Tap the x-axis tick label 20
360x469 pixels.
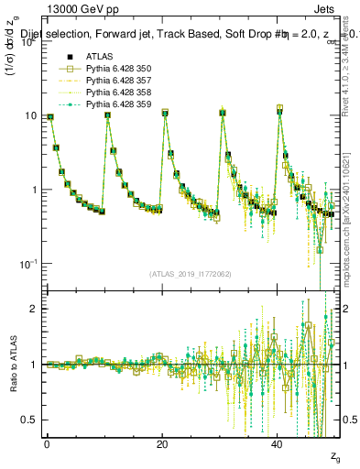tap(162, 443)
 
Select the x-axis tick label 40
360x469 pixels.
tap(278, 443)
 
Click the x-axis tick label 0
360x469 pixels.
tap(47, 443)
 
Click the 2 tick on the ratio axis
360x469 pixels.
tap(30, 309)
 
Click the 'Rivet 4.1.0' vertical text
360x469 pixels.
tap(352, 101)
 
